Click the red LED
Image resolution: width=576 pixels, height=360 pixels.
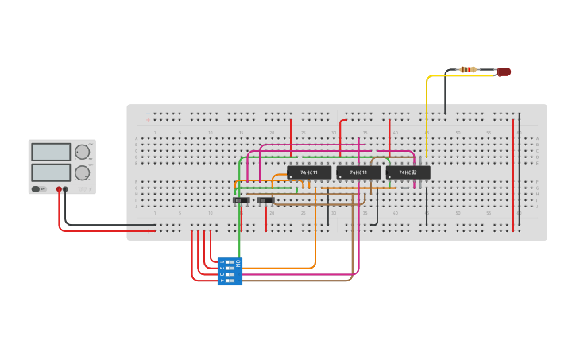[503, 72]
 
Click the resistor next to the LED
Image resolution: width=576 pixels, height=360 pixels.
[469, 70]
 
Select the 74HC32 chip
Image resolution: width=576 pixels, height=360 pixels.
[408, 172]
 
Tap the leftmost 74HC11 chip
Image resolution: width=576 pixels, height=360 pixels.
[309, 172]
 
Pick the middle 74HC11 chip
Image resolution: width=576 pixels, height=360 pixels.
[358, 172]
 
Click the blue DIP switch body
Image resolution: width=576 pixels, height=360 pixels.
[230, 272]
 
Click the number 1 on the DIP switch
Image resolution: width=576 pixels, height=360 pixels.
[222, 262]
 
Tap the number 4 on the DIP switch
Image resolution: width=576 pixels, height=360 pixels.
[222, 281]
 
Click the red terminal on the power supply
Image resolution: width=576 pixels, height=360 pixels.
[59, 189]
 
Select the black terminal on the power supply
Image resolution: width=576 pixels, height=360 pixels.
[65, 189]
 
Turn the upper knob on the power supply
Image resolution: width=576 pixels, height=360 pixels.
[82, 152]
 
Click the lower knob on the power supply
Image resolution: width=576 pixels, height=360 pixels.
[82, 172]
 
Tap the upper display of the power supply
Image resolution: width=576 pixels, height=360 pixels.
[51, 152]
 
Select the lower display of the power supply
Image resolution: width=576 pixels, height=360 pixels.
[51, 172]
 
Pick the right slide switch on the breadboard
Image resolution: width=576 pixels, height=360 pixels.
[265, 200]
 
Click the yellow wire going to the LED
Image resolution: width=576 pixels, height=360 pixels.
[427, 111]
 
